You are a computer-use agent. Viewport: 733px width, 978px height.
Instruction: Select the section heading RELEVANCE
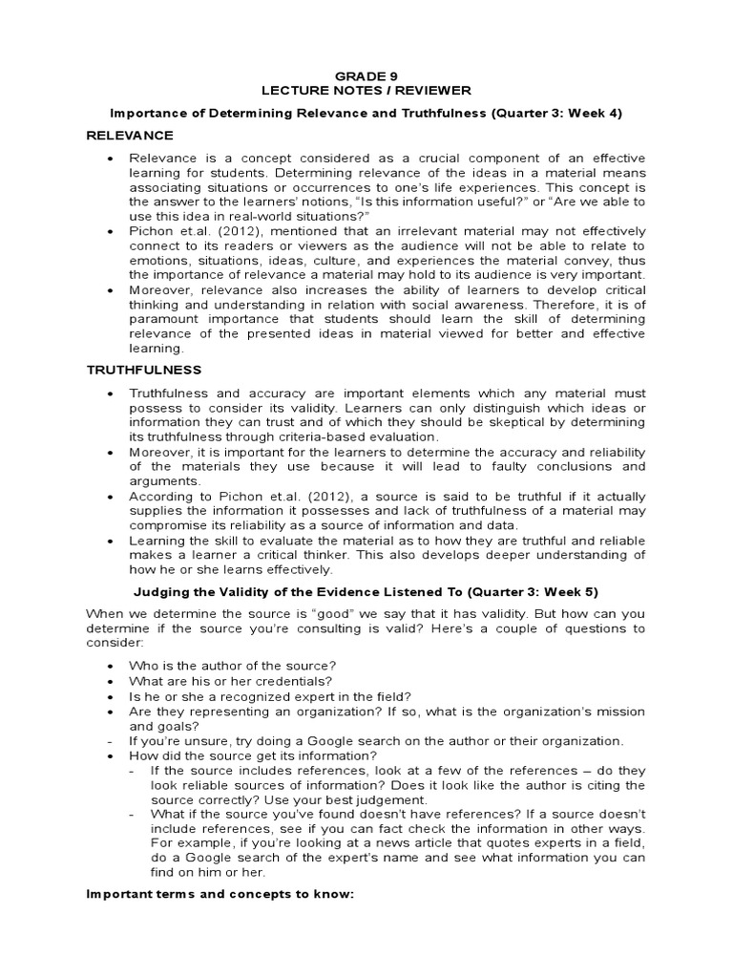coord(130,136)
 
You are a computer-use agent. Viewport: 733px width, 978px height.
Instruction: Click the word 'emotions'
coord(158,261)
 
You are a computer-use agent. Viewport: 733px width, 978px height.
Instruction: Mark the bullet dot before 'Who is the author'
coord(112,666)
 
